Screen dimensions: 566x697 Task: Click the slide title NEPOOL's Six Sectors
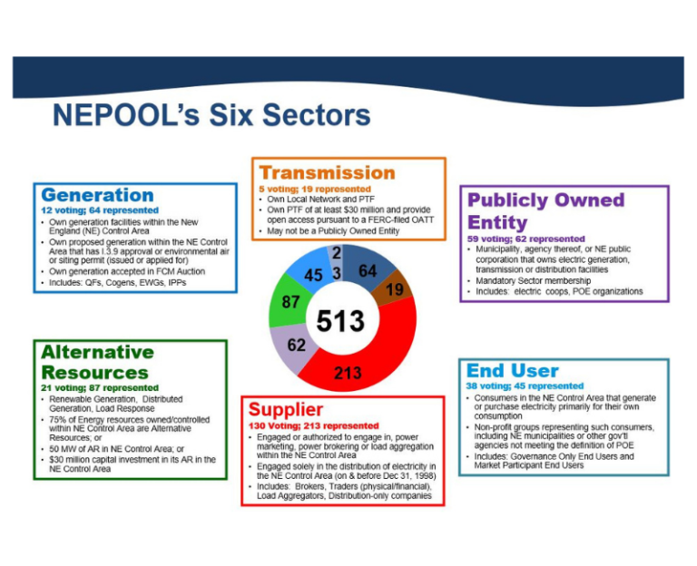211,115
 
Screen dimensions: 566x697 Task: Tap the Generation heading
97,195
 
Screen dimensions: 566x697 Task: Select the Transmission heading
327,172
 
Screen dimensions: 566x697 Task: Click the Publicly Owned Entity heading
545,210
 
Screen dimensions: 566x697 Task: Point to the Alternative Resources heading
97,362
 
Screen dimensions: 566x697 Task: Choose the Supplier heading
285,409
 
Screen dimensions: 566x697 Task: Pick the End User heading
512,371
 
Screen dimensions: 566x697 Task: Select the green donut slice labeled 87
291,304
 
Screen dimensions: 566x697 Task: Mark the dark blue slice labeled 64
368,270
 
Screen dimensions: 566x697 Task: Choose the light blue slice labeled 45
314,272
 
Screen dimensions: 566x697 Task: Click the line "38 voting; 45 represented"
525,385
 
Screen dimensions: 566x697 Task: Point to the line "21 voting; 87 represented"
100,387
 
